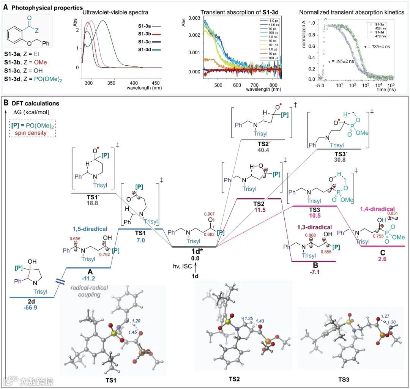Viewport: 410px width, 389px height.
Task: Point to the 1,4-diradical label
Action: pos(374,209)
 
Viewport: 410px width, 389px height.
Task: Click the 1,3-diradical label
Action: pos(314,227)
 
